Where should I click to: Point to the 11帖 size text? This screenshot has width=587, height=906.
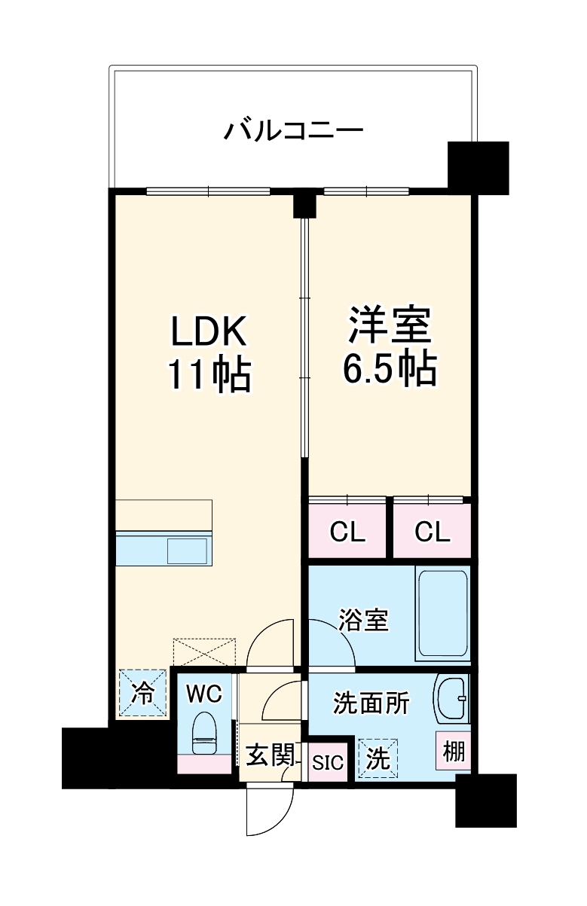pos(209,374)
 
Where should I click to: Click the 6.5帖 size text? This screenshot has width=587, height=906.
pos(389,368)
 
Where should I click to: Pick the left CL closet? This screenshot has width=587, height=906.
pos(347,532)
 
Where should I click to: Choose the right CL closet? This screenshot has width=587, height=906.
pos(432,532)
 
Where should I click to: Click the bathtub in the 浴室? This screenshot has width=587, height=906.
pos(442,615)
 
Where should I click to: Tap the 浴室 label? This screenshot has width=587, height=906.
pos(363,621)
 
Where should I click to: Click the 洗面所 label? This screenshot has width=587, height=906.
pos(371,703)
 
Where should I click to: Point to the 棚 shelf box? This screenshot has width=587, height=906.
pos(454,751)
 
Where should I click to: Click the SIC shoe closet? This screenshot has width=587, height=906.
pos(328,762)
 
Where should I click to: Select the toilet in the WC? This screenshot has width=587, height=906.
pos(204,732)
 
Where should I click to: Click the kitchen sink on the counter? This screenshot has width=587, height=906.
pos(187,551)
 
